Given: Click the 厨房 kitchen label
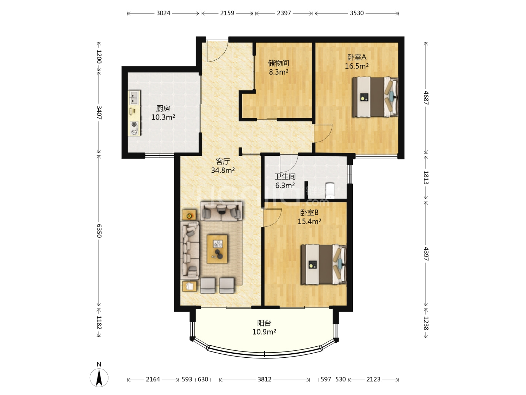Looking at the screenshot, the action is [x=163, y=108].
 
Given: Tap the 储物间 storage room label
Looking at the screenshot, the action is [x=278, y=63].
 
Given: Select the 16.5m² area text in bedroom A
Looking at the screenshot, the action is [x=357, y=66].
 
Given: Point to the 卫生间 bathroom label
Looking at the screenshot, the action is [x=285, y=177].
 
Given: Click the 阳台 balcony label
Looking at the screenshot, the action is [x=264, y=323].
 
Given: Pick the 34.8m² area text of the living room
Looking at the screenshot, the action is [x=223, y=170].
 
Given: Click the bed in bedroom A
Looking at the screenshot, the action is [x=375, y=97].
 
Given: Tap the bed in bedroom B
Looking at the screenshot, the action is [x=324, y=264].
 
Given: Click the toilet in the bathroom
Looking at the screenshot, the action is [x=330, y=191].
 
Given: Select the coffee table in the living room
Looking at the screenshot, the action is [x=217, y=249].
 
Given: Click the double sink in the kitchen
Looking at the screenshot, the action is [x=134, y=98].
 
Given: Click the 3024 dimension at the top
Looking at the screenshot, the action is [x=163, y=13].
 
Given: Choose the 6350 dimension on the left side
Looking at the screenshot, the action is [x=99, y=231].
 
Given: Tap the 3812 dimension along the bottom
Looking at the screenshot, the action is [x=264, y=379].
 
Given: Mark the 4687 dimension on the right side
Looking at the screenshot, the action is [x=426, y=98].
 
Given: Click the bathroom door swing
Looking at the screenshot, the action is [x=289, y=163].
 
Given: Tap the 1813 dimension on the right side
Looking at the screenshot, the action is [x=426, y=177].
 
